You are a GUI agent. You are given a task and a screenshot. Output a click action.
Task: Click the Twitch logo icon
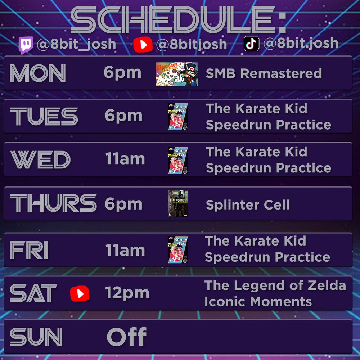click(26, 45)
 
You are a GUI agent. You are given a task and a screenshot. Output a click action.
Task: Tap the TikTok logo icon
click(252, 44)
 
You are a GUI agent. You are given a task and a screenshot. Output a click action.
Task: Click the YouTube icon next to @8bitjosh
click(143, 44)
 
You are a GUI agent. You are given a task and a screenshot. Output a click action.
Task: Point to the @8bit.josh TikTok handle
click(301, 43)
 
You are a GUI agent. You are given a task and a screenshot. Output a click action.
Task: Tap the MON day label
click(38, 74)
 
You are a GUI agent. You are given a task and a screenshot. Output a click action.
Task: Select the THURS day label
click(53, 203)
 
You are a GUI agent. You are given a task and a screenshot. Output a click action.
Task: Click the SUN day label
click(36, 337)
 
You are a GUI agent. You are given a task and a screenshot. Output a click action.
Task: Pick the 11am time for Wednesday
click(125, 159)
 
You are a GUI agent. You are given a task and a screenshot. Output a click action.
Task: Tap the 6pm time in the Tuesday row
click(123, 116)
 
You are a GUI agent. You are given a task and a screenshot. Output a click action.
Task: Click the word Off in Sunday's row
click(126, 337)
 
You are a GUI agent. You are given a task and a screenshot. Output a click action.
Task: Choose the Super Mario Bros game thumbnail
click(176, 74)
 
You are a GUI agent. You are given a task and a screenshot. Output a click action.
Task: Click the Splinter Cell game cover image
click(178, 203)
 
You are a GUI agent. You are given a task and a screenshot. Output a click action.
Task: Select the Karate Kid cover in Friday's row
click(178, 249)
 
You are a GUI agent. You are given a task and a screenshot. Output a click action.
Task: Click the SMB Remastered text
click(264, 74)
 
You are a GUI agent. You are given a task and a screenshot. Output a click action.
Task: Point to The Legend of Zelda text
click(275, 285)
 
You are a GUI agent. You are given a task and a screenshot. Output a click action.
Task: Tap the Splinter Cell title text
click(247, 205)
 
